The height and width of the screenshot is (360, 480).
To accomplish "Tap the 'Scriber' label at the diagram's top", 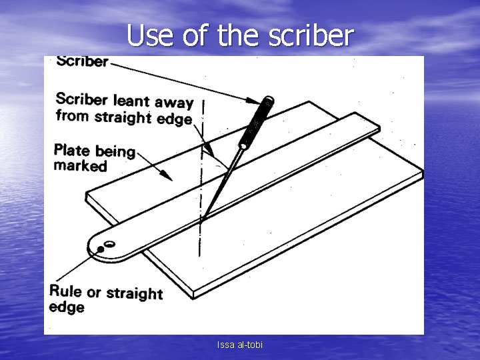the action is [82, 61].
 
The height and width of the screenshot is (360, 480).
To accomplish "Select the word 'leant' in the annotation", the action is [131, 101].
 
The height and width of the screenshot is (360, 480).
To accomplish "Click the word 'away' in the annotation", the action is [173, 103].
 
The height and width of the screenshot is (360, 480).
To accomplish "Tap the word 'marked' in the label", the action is [80, 165].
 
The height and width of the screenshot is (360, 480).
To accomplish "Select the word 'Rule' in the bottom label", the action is [65, 291].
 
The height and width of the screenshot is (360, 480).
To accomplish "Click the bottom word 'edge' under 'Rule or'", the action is [67, 307].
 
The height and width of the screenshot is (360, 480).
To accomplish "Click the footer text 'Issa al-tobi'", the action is [240, 345].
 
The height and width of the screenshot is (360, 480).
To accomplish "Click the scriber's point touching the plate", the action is [203, 217].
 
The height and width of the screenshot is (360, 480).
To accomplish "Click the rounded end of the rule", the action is [97, 249].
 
